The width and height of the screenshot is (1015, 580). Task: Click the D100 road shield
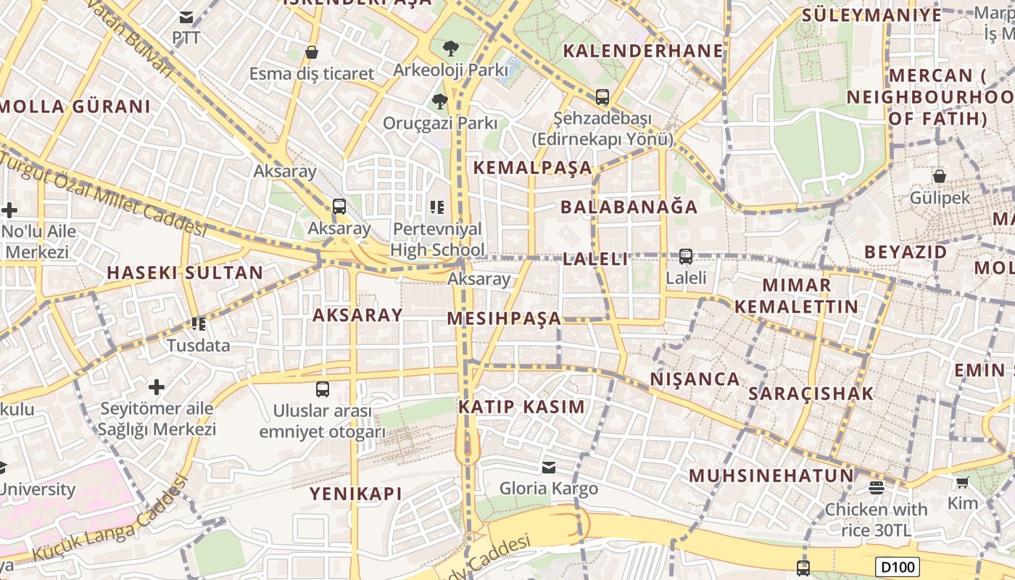click(897, 566)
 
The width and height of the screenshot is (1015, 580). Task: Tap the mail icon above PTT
click(186, 17)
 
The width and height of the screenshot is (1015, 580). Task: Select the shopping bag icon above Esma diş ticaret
click(312, 52)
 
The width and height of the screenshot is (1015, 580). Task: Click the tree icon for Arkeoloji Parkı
click(450, 49)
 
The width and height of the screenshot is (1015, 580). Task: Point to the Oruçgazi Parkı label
click(440, 123)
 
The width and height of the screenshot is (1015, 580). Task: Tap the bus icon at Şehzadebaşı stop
click(602, 96)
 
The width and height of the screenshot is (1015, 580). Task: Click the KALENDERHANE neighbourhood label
click(643, 51)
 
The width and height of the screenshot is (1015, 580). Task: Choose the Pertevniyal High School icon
click(436, 207)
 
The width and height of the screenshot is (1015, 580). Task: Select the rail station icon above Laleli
click(685, 256)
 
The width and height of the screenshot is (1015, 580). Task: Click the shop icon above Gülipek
click(939, 176)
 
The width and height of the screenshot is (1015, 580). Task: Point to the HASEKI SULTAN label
click(185, 273)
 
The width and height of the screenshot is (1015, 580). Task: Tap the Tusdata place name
click(199, 345)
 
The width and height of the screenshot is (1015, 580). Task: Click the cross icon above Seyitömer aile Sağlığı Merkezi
click(157, 386)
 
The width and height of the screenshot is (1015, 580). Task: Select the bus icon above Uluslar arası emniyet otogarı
click(323, 389)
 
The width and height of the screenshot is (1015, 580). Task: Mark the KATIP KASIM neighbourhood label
click(521, 407)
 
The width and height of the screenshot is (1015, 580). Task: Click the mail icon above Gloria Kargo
click(549, 467)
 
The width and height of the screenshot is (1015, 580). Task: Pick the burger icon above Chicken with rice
click(876, 487)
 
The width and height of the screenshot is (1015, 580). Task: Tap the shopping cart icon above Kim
click(962, 482)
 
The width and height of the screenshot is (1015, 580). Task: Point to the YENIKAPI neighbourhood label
click(355, 494)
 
